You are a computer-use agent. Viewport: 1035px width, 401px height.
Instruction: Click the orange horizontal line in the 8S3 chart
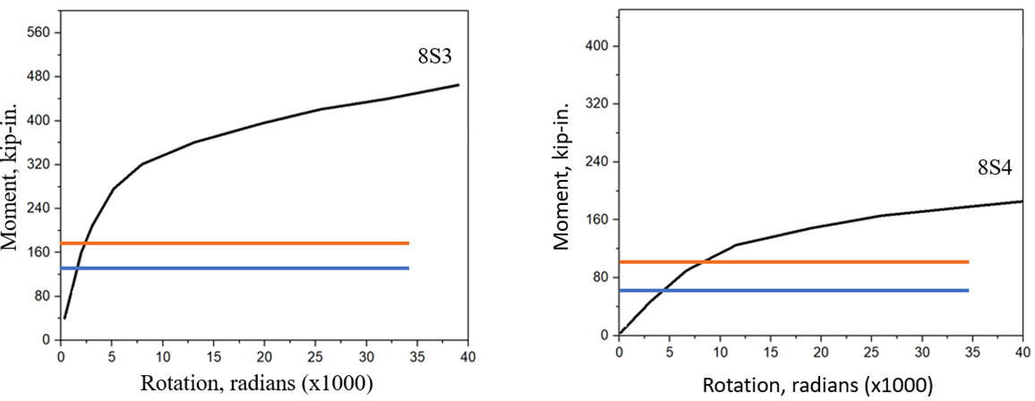tap(233, 243)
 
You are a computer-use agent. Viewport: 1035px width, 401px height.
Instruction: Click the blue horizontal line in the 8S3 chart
tap(233, 268)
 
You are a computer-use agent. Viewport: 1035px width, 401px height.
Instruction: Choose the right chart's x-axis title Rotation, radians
tap(817, 386)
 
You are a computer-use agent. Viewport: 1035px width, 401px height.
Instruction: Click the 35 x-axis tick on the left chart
tap(419, 357)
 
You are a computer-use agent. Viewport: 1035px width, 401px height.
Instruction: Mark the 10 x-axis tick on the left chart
tap(163, 357)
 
